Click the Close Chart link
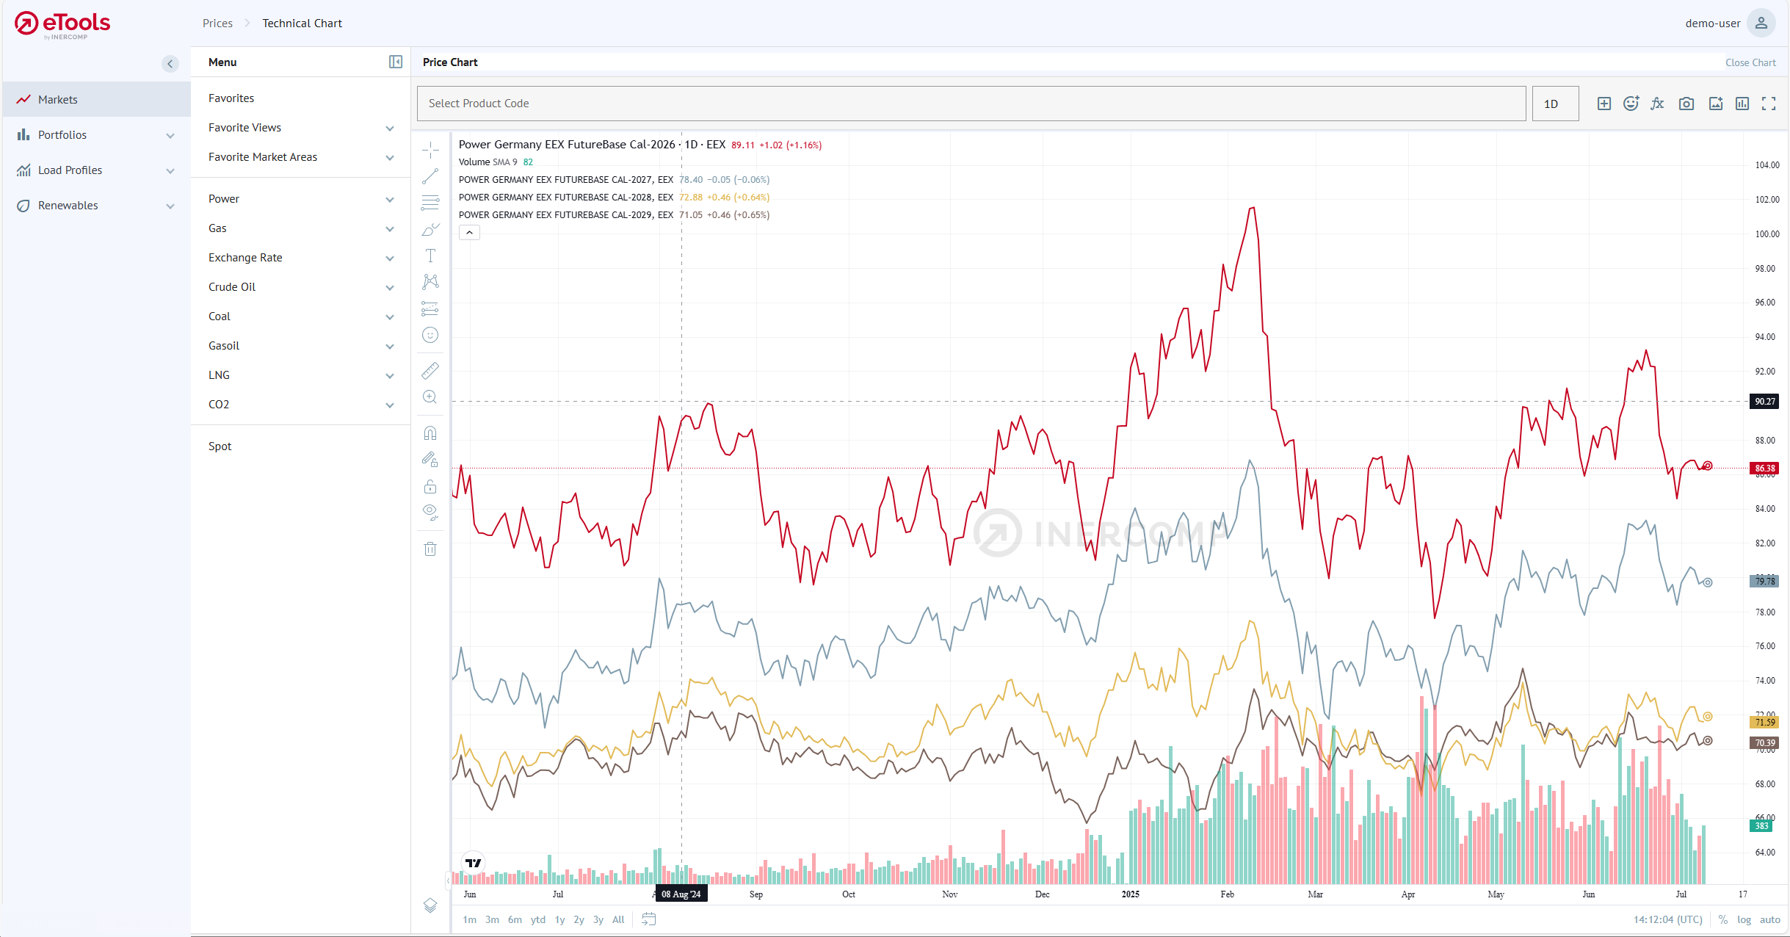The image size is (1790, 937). click(1750, 62)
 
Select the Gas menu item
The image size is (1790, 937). click(217, 228)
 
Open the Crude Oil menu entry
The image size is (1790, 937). click(232, 287)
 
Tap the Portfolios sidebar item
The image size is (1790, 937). click(62, 135)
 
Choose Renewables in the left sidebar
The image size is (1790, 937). click(68, 206)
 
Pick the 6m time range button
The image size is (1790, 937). click(515, 919)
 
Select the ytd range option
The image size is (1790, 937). click(538, 919)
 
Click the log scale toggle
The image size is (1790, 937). click(1744, 919)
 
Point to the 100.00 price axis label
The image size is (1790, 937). click(1767, 234)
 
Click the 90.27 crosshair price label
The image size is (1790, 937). click(1764, 402)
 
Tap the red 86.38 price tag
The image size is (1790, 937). click(1764, 468)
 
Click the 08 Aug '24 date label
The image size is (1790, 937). click(681, 894)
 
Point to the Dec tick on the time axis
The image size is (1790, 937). click(1042, 894)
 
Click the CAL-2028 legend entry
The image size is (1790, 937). click(565, 198)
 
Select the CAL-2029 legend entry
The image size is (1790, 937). click(565, 215)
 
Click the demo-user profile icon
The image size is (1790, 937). click(1761, 23)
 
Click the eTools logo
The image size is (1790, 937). click(62, 24)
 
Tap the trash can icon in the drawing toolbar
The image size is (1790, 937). click(430, 549)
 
